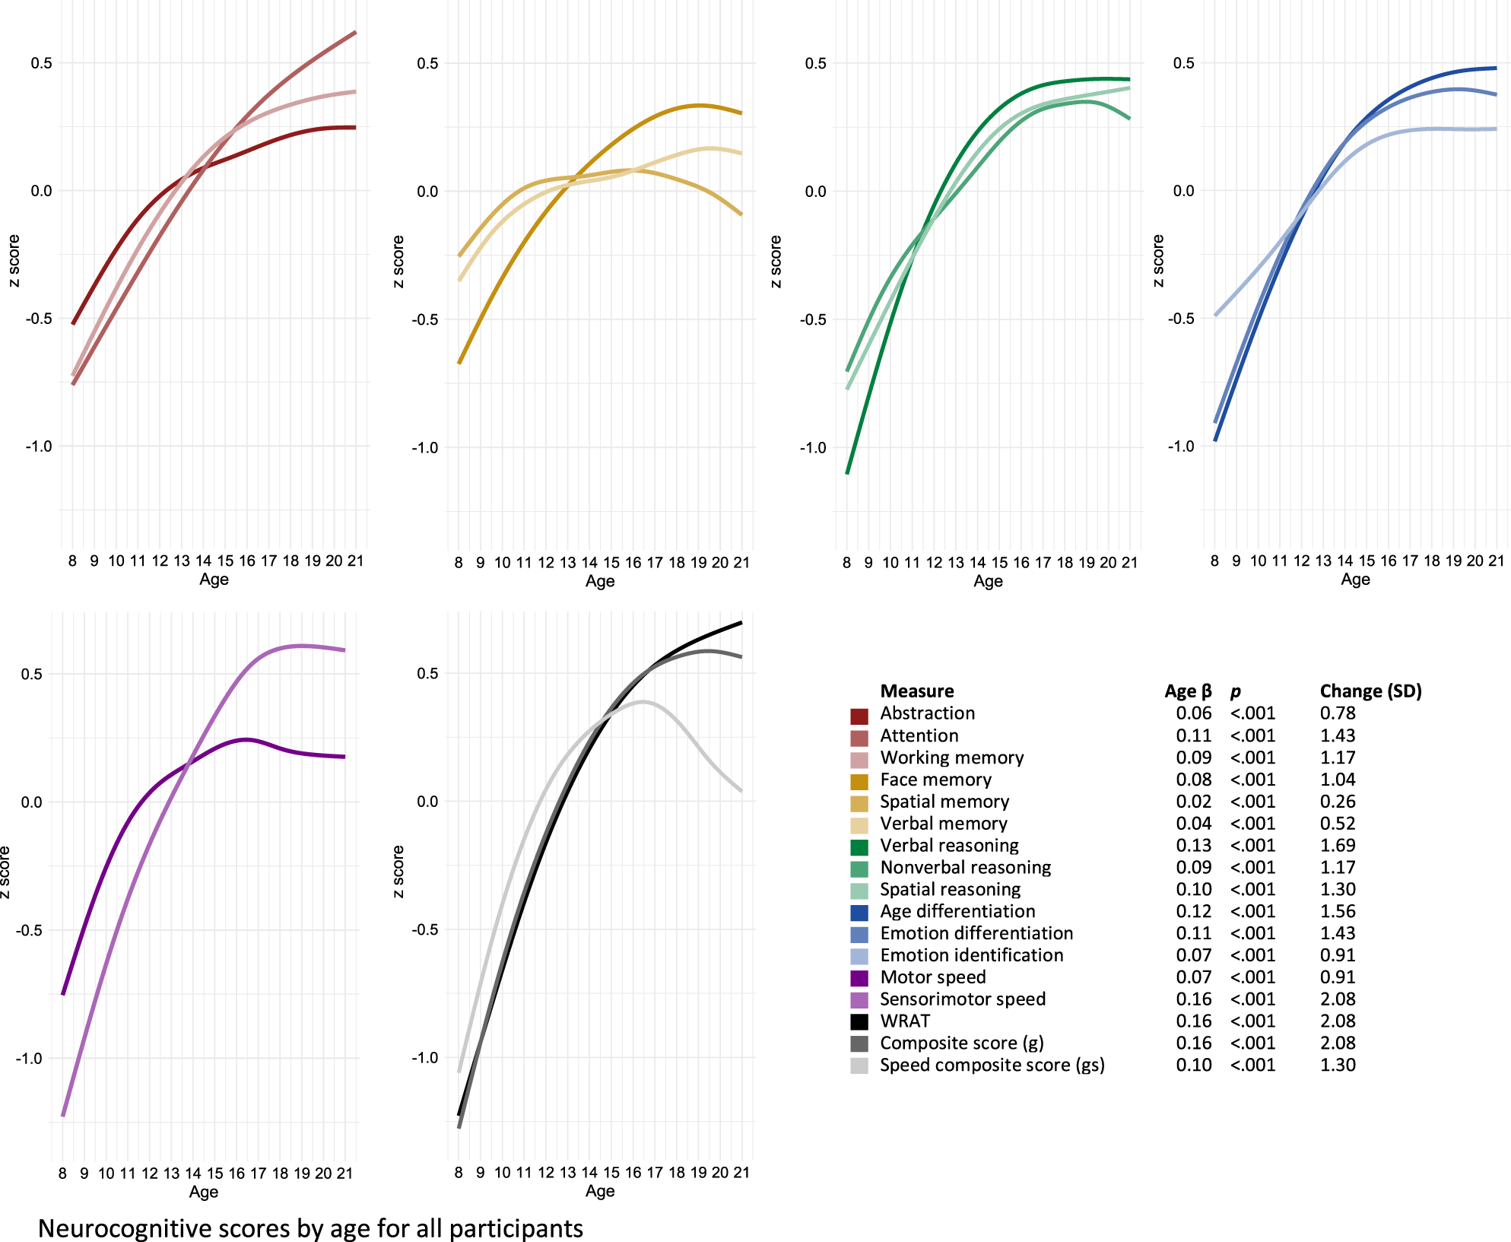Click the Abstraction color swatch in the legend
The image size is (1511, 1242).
tap(859, 716)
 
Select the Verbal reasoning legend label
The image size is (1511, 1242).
tap(949, 845)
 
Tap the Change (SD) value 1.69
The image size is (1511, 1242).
tap(1338, 845)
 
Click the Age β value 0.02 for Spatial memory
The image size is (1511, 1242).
tap(1193, 801)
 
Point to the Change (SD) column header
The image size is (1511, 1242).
tap(1370, 691)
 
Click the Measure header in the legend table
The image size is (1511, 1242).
tap(916, 691)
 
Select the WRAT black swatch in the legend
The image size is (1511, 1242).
tap(859, 1021)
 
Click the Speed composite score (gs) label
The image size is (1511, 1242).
tap(992, 1065)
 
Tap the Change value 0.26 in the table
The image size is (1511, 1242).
tap(1338, 801)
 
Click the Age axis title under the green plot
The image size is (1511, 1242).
tap(988, 581)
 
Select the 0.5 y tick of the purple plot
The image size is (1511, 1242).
tap(31, 674)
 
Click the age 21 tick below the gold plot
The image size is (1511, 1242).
tap(741, 563)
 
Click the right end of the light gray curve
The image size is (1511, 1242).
tap(741, 791)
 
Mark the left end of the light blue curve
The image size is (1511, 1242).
tap(1215, 315)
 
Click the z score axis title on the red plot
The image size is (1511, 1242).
tap(14, 261)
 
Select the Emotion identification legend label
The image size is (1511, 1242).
tap(971, 955)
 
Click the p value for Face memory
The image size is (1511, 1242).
tap(1252, 779)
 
